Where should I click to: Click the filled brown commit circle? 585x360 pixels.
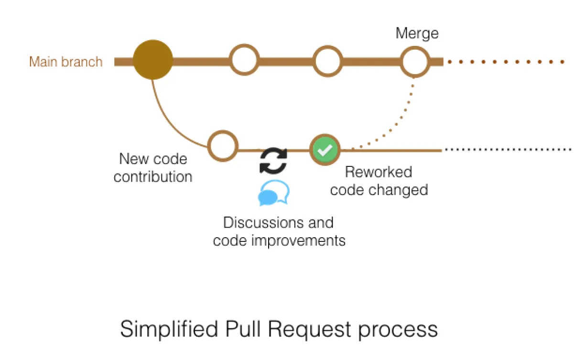click(x=152, y=61)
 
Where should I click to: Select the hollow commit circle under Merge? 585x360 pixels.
click(x=415, y=61)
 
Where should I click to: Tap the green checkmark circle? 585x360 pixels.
click(x=325, y=150)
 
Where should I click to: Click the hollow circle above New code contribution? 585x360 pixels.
click(x=223, y=146)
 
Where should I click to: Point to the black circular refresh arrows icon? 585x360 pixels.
click(x=273, y=161)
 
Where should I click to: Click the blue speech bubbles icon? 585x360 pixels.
click(x=273, y=193)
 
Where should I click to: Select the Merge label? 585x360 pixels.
click(x=417, y=33)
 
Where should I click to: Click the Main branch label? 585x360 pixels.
click(x=65, y=62)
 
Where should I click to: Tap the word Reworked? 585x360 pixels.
click(x=379, y=172)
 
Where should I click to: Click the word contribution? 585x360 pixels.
click(x=153, y=177)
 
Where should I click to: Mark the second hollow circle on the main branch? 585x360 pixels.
click(x=327, y=61)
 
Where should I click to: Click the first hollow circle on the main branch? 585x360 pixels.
click(x=244, y=61)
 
